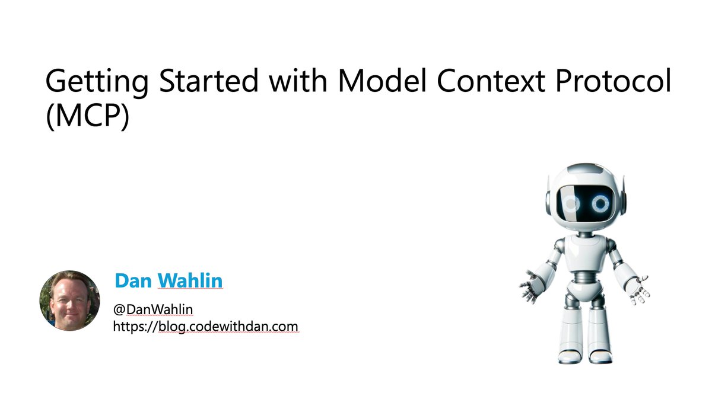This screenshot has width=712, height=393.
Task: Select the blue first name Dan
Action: (133, 281)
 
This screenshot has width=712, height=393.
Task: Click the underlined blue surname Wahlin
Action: (190, 281)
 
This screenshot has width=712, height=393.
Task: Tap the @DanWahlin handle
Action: (153, 309)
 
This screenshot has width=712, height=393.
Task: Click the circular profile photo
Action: (69, 301)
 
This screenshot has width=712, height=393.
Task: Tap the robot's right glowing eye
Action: (601, 204)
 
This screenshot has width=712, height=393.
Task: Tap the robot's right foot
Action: (600, 356)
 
